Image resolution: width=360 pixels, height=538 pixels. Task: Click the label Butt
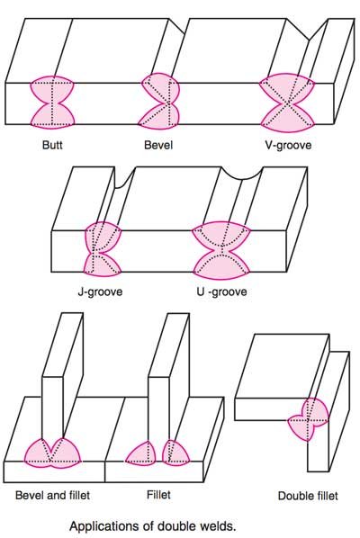pos(52,145)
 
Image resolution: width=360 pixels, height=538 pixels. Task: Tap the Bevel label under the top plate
pos(158,145)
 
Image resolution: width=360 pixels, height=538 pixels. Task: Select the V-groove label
pos(288,145)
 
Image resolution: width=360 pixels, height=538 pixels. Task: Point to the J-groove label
pos(100,291)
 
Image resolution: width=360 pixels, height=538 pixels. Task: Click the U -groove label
pos(221,291)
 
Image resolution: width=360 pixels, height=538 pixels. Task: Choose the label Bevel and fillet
pos(52,495)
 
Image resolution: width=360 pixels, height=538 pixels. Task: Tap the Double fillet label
pos(308,496)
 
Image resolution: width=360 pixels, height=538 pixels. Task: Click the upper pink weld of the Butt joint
pos(52,88)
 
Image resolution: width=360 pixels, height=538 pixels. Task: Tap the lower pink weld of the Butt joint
pos(52,117)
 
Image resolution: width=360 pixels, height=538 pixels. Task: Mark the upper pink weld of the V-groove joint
pos(287,86)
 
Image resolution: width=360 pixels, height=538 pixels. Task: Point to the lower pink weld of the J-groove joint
pos(102,265)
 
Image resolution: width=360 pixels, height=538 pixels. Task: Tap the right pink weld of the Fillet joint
pos(175,453)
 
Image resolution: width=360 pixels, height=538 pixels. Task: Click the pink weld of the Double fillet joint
pos(308,419)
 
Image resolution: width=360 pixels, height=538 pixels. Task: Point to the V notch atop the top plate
pos(308,30)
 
